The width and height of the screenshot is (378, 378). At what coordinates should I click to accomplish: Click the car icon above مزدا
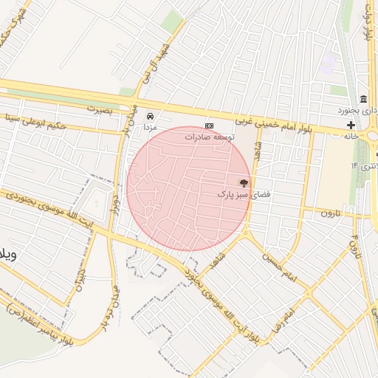[x=151, y=117]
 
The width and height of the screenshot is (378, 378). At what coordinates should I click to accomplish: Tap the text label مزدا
[x=151, y=128]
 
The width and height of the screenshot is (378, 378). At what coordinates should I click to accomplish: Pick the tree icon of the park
[x=244, y=182]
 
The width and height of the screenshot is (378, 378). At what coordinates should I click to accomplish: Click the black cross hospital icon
[x=350, y=126]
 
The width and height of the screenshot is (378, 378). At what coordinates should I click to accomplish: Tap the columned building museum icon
[x=363, y=100]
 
